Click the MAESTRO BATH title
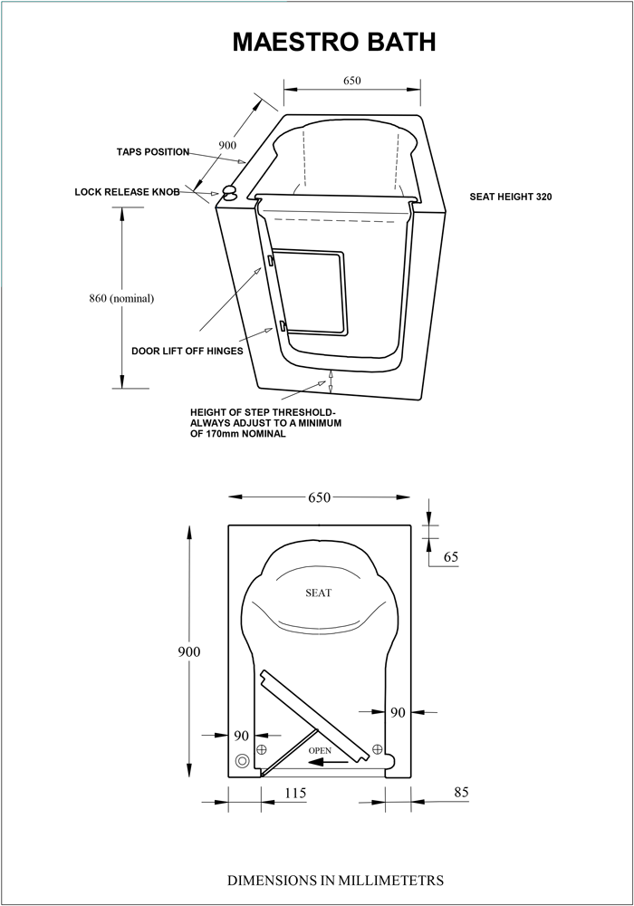click(333, 43)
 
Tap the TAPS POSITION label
click(153, 152)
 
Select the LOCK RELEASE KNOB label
click(127, 192)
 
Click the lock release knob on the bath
click(230, 193)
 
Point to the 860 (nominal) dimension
click(121, 299)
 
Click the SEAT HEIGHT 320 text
click(511, 197)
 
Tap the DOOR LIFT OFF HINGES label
click(187, 352)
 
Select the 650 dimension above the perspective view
click(352, 81)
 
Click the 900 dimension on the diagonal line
click(227, 145)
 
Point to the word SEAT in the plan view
click(318, 593)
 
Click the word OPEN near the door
click(320, 750)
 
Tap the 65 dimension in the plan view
click(451, 556)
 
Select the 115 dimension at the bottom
click(295, 794)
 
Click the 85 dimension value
click(461, 792)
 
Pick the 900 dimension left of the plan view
click(188, 651)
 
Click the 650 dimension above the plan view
click(320, 497)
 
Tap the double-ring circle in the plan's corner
click(243, 761)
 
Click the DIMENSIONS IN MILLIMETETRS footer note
click(335, 881)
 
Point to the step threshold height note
click(265, 423)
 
